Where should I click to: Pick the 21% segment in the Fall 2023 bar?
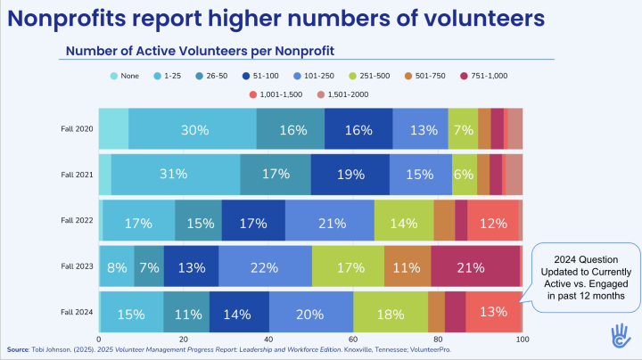point(474,266)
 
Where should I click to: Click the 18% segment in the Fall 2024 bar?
point(391,312)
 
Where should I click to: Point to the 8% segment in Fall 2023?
point(116,266)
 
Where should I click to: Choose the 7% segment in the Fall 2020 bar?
point(463,129)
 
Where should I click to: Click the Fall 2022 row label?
point(77,220)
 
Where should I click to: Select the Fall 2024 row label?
point(77,312)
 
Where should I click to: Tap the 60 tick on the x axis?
point(353,340)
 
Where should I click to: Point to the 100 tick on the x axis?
point(523,340)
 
